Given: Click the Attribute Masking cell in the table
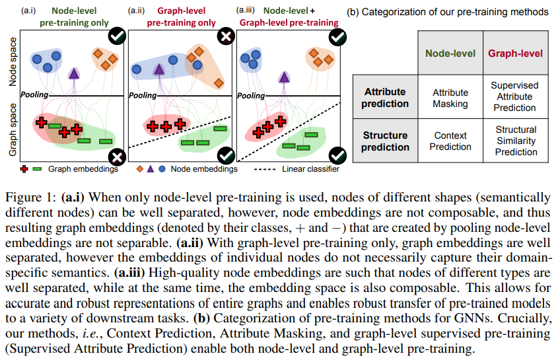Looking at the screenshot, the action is (450, 98).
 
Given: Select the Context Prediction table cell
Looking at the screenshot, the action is (450, 141).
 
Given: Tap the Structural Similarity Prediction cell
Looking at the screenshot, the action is (516, 141).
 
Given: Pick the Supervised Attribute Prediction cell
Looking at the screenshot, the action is (516, 97).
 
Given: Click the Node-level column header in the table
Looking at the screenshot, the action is (450, 54).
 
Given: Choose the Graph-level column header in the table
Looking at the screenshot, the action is (516, 54).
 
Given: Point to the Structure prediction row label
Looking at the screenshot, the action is (385, 141).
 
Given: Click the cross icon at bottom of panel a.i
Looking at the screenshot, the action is (118, 157).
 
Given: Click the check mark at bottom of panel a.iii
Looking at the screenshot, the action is (337, 157).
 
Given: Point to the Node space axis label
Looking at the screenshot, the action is (12, 65).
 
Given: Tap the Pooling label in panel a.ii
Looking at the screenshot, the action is (143, 96).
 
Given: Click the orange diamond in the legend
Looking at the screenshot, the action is (139, 170).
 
